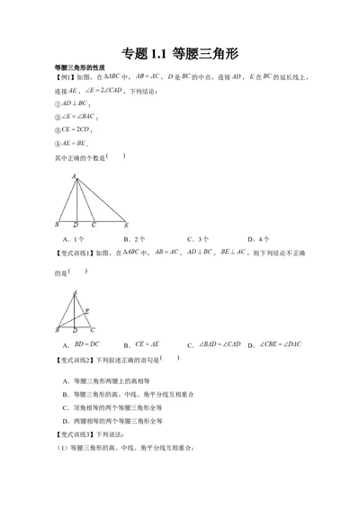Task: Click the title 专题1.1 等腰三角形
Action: click(179, 53)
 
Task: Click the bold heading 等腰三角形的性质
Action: click(80, 68)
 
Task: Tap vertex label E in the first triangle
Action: click(126, 225)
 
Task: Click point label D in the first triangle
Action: click(76, 226)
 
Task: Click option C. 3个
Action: click(198, 240)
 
